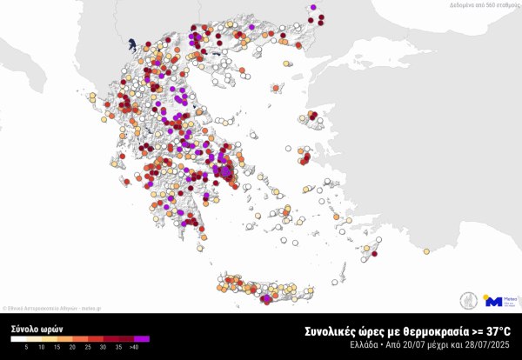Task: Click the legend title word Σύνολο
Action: click(23, 330)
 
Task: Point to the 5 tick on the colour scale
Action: click(26, 347)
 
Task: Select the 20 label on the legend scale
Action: click(72, 347)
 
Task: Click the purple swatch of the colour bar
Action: click(143, 339)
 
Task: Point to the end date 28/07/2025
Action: click(490, 345)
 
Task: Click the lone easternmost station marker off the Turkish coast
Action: click(426, 252)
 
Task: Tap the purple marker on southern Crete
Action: click(265, 300)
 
